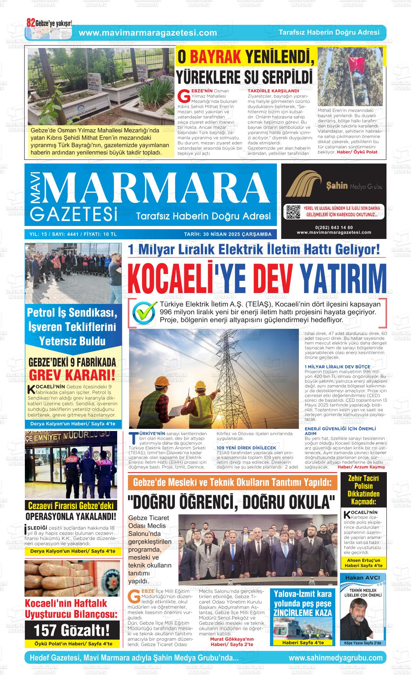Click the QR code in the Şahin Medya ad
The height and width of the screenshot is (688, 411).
293,212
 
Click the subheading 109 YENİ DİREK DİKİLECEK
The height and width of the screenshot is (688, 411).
241,448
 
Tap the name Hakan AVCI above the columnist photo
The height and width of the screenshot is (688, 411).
363,578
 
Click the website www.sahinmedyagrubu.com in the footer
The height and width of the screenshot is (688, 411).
335,658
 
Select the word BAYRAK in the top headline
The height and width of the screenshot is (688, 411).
216,57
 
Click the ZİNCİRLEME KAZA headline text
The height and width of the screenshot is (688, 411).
302,613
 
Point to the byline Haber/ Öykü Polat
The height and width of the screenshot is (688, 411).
357,152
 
